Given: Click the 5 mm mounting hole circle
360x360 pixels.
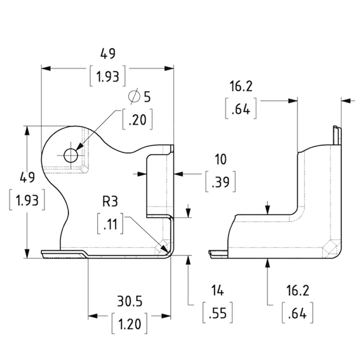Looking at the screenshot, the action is [71, 156].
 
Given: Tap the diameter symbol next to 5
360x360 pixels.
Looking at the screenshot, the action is [135, 96].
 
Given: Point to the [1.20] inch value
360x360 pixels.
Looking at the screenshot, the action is [129, 324].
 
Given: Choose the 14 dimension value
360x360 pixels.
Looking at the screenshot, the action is [217, 291].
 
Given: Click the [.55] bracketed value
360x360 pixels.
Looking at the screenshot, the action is [218, 313].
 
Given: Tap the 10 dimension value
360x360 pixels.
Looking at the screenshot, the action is [221, 159].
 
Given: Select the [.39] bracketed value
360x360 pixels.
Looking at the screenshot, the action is [221, 181].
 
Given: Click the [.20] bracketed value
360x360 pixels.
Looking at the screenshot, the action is [138, 120].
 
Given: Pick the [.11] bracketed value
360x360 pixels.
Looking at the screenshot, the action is [110, 224].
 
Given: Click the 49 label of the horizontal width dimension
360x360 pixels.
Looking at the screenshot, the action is [108, 54].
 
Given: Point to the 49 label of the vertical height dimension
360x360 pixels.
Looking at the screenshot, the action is [27, 177].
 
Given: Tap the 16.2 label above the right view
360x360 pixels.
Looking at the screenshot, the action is [241, 86].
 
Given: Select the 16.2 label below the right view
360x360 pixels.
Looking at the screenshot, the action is [298, 291].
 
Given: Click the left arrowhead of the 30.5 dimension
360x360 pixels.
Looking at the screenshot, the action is [93, 316].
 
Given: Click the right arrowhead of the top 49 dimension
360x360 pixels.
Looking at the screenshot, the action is [169, 68].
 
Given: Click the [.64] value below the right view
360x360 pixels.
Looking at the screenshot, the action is [298, 313].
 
